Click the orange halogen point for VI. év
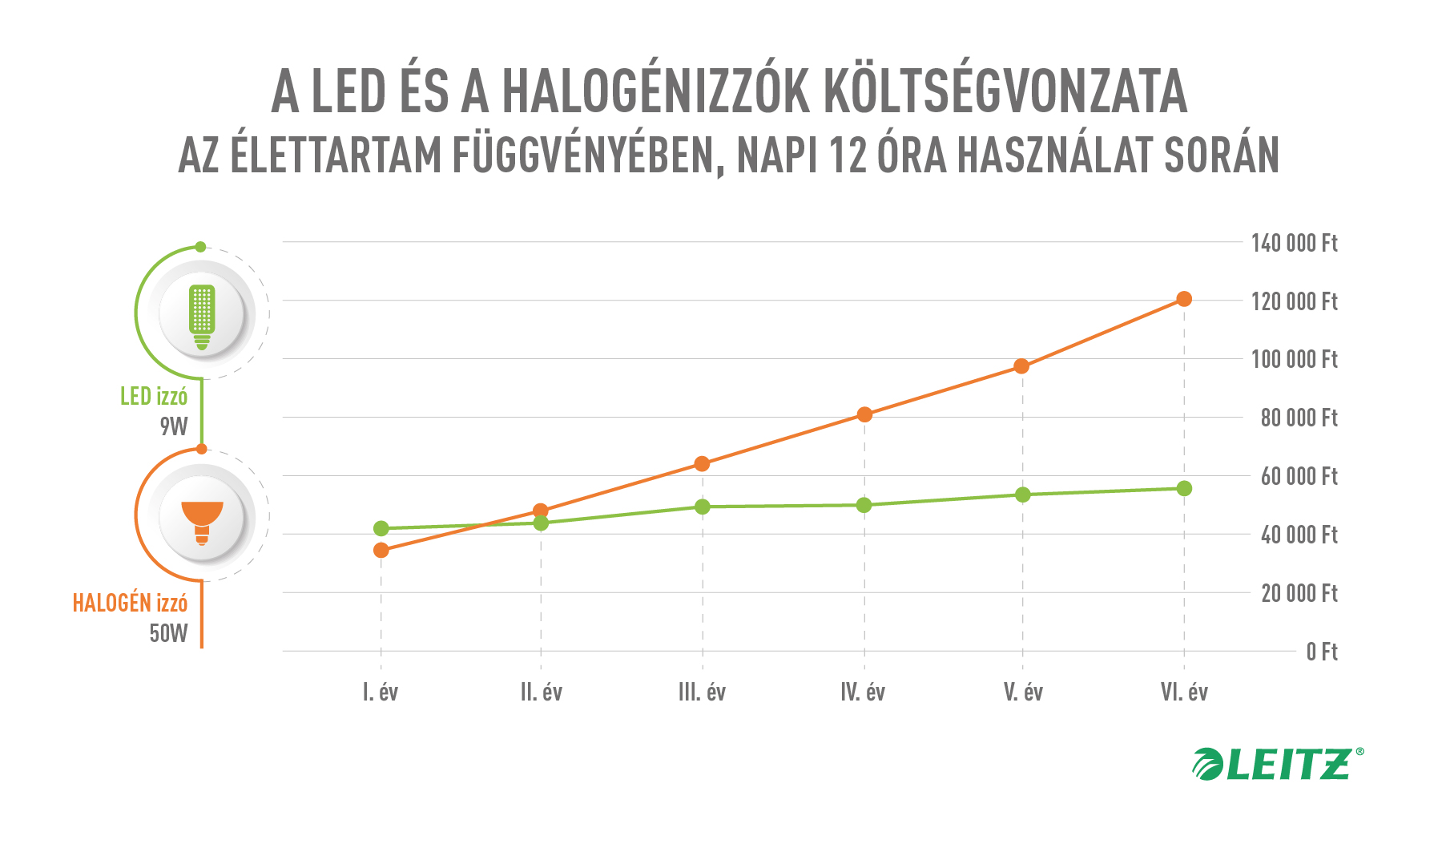coord(1184,299)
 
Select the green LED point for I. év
coord(381,528)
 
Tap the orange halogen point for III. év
coord(702,463)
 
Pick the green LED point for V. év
coord(1023,495)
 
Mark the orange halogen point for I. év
coord(381,550)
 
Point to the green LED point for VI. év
coord(1184,488)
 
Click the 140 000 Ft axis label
coord(1294,243)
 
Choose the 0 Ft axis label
coord(1321,652)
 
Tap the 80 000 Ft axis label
coord(1299,418)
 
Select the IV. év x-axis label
coord(863,692)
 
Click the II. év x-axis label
coord(542,692)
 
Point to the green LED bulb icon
coord(202,316)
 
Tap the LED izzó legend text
coord(154,396)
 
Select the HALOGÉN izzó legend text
coord(130,603)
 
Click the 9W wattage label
coord(173,426)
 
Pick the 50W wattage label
coord(168,633)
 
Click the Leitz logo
coord(1277,764)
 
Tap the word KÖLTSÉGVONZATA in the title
coord(1005,92)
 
